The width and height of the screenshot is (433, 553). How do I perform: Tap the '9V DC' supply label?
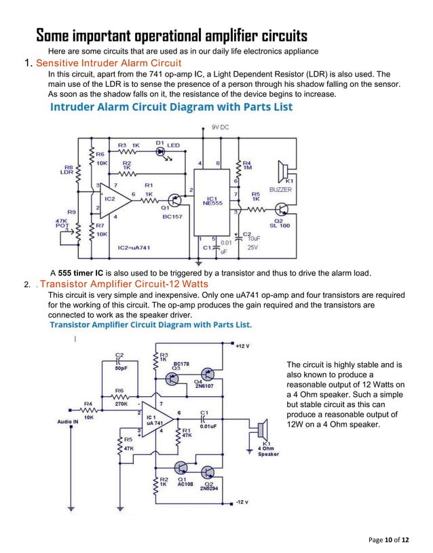pos(221,128)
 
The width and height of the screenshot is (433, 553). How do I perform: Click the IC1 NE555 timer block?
pos(211,200)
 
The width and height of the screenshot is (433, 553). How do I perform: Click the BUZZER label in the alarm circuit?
pos(280,189)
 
